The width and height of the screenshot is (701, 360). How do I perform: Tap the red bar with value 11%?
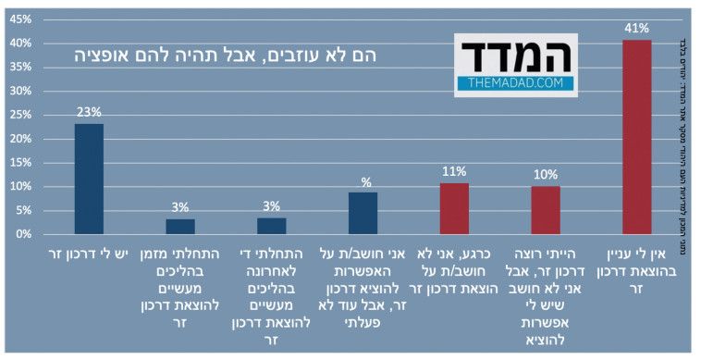tap(454, 208)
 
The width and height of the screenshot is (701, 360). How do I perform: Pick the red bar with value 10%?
tap(546, 210)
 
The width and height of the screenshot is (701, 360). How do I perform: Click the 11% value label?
tap(454, 172)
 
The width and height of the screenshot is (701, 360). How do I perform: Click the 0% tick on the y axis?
tap(23, 235)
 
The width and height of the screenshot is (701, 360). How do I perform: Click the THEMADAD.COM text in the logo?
tap(515, 83)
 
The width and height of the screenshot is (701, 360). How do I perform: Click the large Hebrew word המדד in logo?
tap(515, 56)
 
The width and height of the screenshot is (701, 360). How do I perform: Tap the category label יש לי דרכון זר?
tap(89, 254)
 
